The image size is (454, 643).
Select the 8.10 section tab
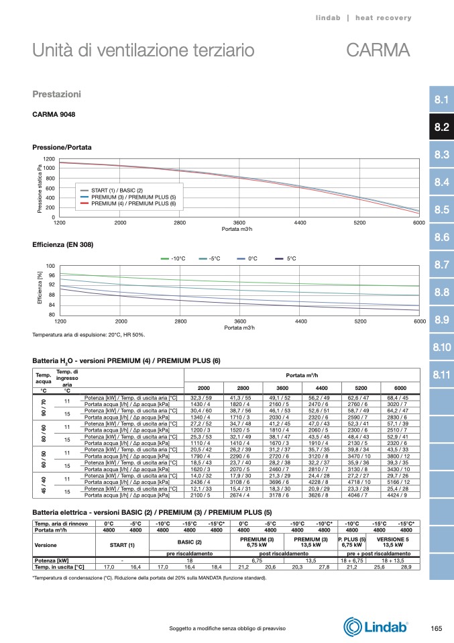click(441, 347)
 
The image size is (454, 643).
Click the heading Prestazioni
click(57, 93)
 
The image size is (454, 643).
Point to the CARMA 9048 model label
click(54, 115)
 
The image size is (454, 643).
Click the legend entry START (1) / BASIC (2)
click(117, 191)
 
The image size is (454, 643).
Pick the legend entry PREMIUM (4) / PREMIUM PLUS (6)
click(133, 203)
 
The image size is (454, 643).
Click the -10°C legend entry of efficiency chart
click(178, 258)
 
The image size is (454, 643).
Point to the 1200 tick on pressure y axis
click(49, 158)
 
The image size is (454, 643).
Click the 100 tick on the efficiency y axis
click(50, 266)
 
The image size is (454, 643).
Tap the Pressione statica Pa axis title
click(40, 189)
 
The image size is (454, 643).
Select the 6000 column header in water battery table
click(400, 389)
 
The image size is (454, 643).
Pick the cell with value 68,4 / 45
click(400, 398)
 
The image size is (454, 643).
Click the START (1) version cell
click(123, 544)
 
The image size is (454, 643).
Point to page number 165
click(436, 628)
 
